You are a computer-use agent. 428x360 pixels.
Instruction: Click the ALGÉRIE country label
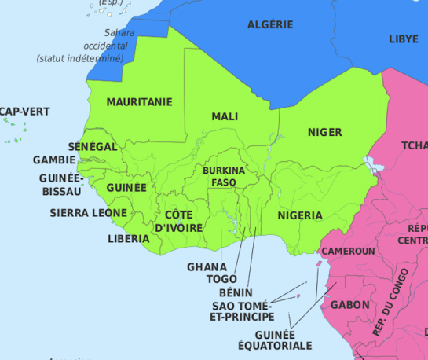point(270,24)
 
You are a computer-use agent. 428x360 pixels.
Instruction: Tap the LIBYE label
point(404,39)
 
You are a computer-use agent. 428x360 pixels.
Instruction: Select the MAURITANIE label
point(139,102)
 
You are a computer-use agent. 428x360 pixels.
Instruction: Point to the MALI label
point(225,116)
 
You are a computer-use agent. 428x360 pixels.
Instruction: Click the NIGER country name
point(324,132)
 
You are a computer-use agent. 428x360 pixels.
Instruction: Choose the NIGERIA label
point(299,215)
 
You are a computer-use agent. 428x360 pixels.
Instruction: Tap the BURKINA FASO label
point(224,176)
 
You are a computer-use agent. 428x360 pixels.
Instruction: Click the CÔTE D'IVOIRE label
point(179,221)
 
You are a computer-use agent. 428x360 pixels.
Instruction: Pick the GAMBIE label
point(54,160)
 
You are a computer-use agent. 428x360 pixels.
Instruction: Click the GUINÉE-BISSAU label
point(60,184)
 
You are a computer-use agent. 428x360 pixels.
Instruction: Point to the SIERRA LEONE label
point(88,213)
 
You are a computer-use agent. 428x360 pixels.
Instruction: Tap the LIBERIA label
point(129,238)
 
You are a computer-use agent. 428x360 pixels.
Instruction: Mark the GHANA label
point(207,266)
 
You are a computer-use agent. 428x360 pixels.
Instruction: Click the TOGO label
point(221,278)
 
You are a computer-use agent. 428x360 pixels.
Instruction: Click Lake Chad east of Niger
point(369,165)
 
